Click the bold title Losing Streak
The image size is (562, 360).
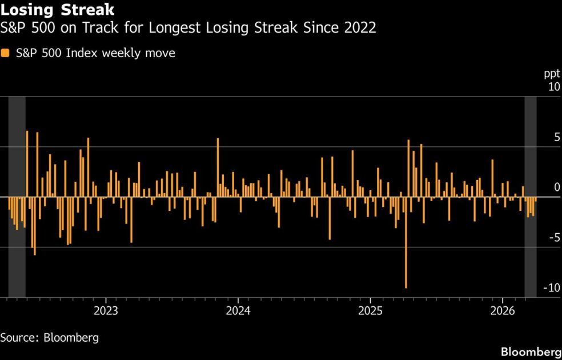coord(57,10)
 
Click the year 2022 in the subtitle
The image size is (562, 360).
coord(359,28)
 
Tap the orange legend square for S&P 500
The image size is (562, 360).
coord(5,53)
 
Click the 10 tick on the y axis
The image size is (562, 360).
coord(553,87)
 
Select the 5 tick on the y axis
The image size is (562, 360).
coord(556,138)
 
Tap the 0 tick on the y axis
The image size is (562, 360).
coord(556,188)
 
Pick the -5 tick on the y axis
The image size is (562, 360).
coord(554,238)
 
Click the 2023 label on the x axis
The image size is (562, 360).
coord(106,311)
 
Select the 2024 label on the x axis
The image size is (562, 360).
coord(238,311)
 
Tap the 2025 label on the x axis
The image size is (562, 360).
coord(370,311)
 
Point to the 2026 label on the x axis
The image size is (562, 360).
coord(502,311)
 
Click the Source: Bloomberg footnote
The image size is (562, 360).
coord(50,337)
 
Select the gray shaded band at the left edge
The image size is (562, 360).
coord(17,197)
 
